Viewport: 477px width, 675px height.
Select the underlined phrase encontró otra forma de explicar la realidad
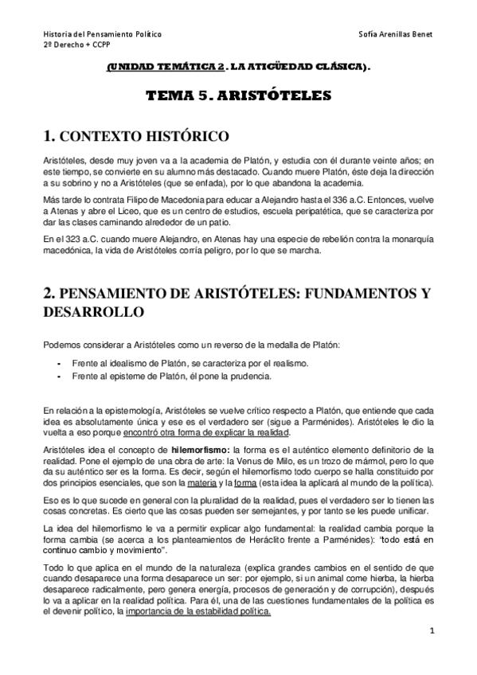207,432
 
